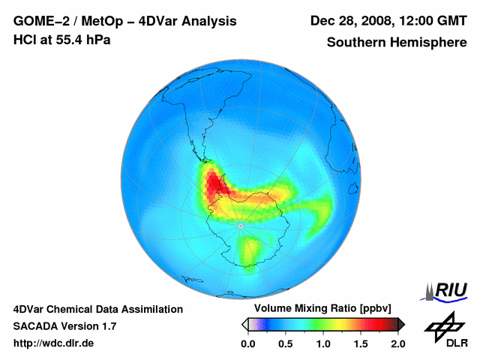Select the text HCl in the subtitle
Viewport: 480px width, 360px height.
(25, 40)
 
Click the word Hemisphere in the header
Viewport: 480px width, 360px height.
(429, 43)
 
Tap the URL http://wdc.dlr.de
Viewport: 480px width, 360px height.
(54, 343)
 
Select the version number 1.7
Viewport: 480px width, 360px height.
(107, 326)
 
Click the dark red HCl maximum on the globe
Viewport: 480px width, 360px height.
(217, 183)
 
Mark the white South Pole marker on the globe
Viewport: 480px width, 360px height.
(240, 225)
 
